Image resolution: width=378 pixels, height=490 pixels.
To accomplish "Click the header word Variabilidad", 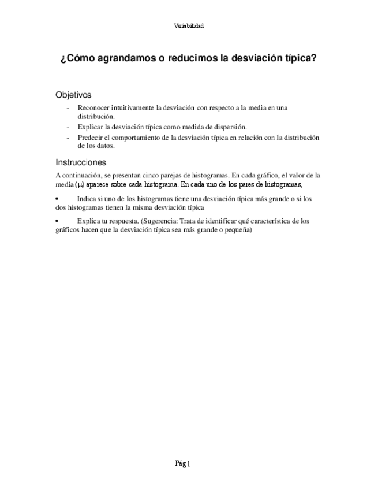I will [189, 25].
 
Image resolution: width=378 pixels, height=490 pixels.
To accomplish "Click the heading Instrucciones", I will [81, 162].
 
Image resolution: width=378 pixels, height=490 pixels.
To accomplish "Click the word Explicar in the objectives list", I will [89, 127].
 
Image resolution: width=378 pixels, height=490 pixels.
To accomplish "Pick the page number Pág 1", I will [183, 464].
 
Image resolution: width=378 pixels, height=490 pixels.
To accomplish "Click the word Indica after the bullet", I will [86, 199].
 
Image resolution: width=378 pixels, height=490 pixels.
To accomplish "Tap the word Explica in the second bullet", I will [88, 221].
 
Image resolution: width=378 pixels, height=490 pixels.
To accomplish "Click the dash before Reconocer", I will [68, 108].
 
